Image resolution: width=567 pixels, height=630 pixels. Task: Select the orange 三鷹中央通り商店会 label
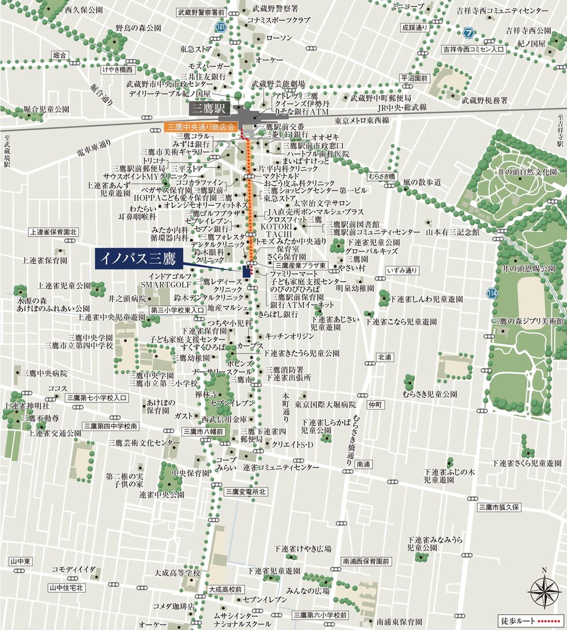point(200,126)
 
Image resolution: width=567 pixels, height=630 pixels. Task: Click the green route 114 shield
point(491,293)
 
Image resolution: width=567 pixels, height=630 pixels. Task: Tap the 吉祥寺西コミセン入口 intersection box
point(473,50)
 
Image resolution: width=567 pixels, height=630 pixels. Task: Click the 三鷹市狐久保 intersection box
point(500,507)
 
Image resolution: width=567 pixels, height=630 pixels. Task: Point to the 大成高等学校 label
point(177,573)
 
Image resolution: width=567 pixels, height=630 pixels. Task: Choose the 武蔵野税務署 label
point(484,100)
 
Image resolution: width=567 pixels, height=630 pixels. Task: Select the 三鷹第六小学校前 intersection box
point(320,615)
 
